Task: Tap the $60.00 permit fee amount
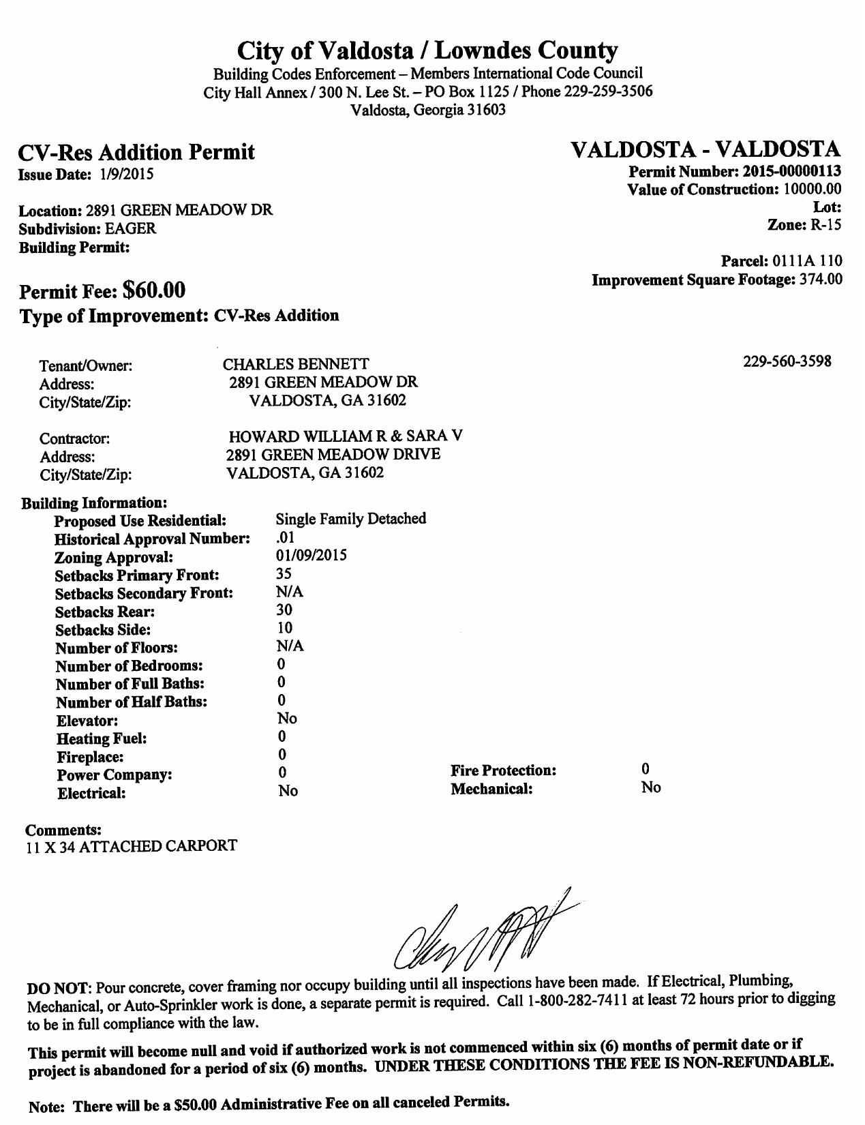[x=153, y=290]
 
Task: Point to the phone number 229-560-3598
[x=787, y=361]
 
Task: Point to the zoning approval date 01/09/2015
[x=311, y=556]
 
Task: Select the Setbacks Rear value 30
[x=284, y=610]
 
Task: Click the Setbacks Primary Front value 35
[x=284, y=574]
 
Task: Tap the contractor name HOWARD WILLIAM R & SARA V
[x=346, y=436]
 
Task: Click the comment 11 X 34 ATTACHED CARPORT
[x=132, y=847]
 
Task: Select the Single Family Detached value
[x=351, y=519]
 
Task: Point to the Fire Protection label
[x=503, y=771]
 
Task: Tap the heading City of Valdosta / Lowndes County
[x=427, y=50]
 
